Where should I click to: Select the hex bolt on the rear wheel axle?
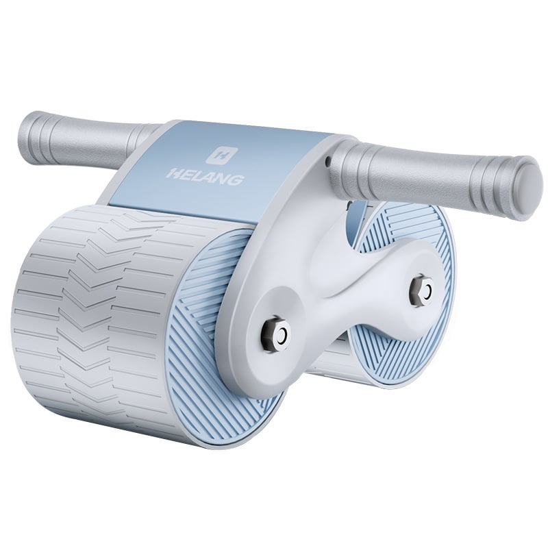pos(418,291)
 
